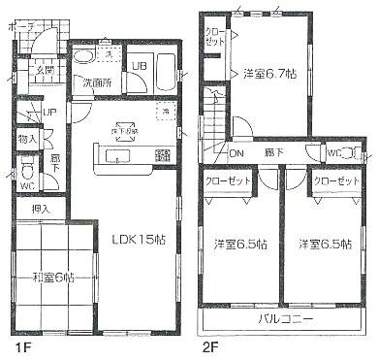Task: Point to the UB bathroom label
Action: tap(139, 66)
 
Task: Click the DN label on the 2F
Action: tap(236, 153)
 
